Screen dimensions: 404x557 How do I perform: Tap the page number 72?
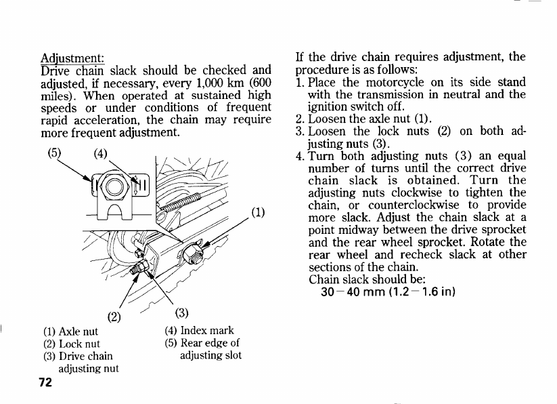click(x=45, y=382)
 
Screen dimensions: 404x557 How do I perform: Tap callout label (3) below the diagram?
click(x=181, y=312)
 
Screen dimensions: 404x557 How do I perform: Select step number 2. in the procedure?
click(x=300, y=119)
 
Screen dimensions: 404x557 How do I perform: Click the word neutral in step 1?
click(x=462, y=95)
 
